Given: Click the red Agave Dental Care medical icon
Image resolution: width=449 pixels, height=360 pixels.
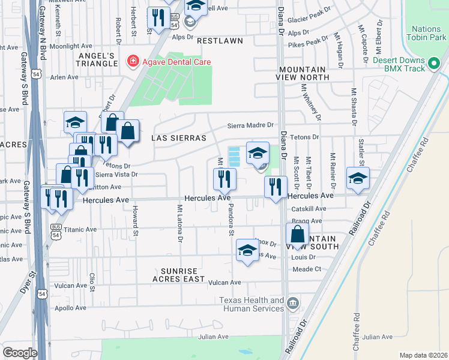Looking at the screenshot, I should click(130, 61).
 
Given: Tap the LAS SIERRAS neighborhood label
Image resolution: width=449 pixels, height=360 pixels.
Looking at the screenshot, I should click(178, 138).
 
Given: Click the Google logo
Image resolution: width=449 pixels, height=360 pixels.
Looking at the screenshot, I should click(20, 353).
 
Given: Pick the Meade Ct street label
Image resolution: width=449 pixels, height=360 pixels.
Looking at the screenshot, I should click(307, 269).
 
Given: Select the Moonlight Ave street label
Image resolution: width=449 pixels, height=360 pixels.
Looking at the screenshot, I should click(70, 46).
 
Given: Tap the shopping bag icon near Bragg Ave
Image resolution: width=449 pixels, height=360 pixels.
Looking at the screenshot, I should click(298, 233).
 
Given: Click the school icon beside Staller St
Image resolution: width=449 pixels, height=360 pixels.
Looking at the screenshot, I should click(358, 178).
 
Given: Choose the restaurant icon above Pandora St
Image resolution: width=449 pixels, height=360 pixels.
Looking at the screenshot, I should click(225, 178).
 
